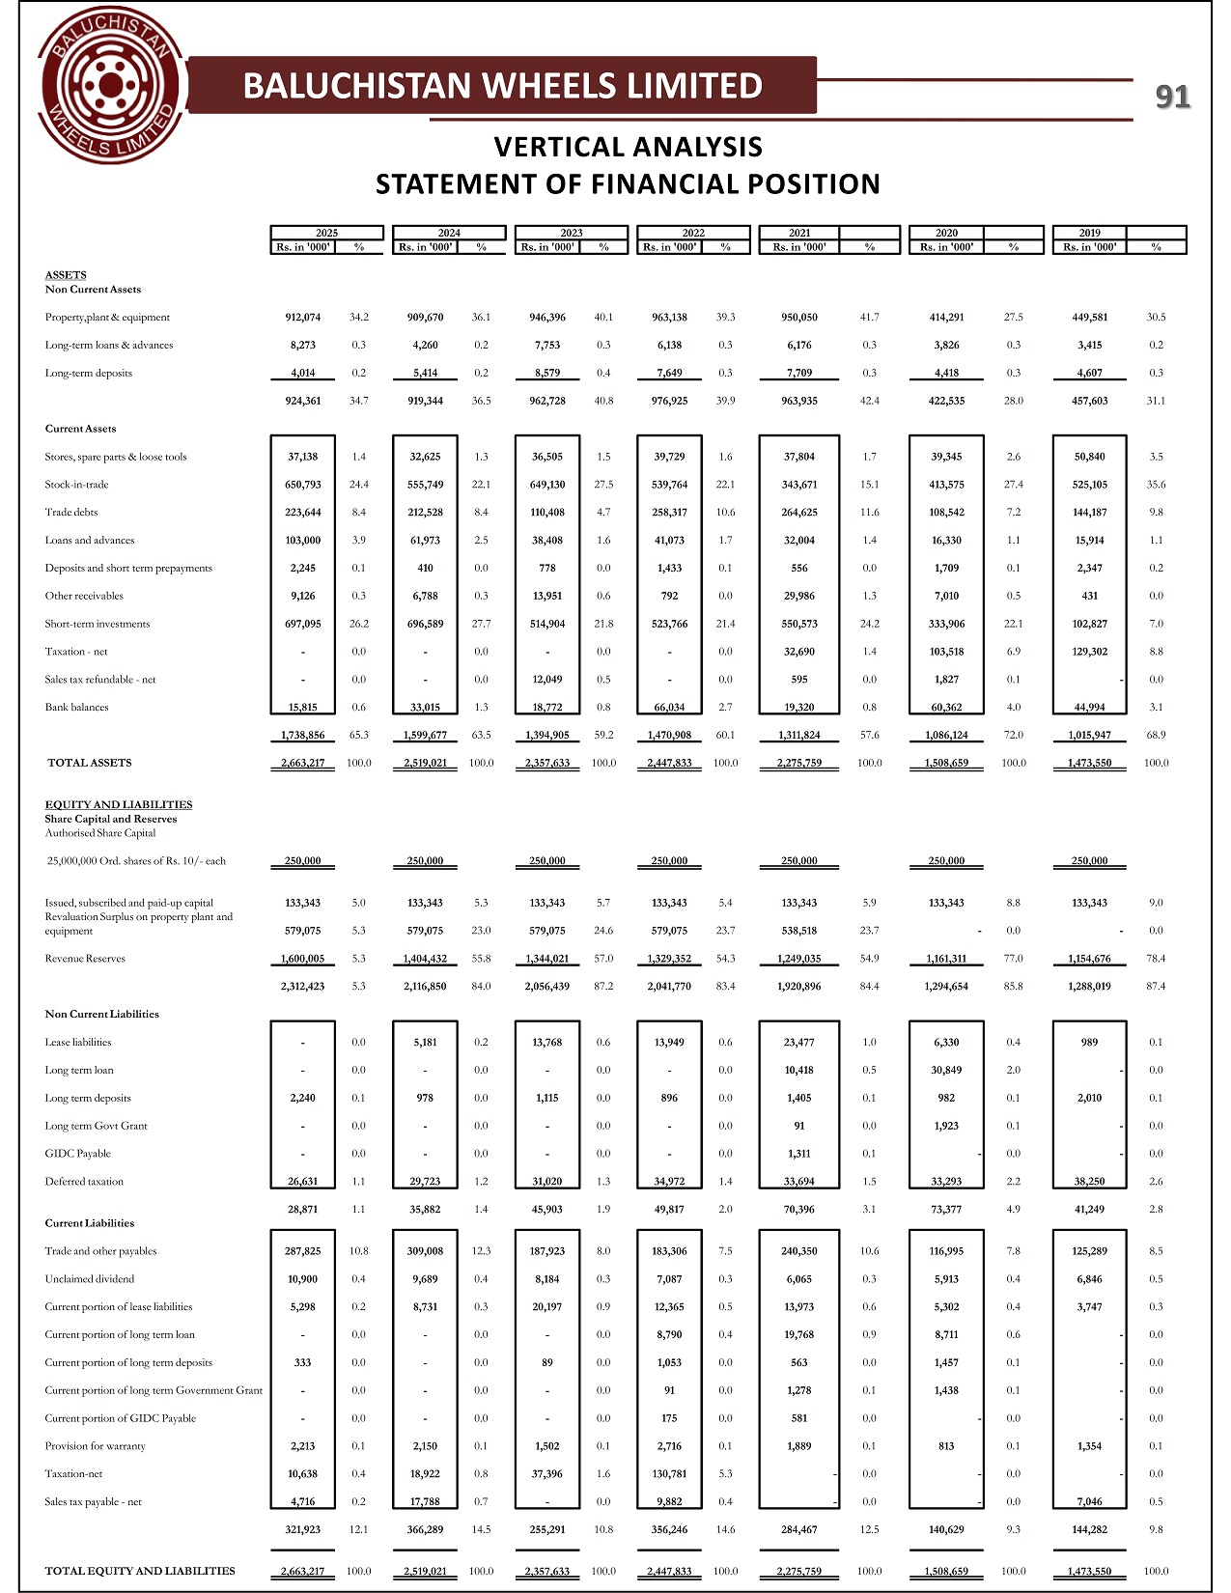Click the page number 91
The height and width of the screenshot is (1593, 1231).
pos(1173,97)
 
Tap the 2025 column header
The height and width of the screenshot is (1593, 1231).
pos(326,233)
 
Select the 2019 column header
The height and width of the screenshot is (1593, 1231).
pos(1089,233)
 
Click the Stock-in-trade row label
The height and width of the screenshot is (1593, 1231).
pos(76,485)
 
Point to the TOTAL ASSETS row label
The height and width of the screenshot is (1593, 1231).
pos(90,763)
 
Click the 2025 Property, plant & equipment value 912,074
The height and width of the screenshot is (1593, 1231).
pos(303,318)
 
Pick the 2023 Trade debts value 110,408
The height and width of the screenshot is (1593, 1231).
pos(547,513)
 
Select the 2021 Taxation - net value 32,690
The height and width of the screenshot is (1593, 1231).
pos(799,652)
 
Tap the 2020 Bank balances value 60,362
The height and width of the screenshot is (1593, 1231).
pos(946,708)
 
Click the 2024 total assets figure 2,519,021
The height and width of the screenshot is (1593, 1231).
pos(425,763)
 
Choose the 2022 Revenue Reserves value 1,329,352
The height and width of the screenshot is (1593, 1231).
pos(669,959)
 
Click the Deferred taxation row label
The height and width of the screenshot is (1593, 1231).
pos(84,1182)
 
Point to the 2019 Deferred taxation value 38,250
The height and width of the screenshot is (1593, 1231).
pos(1089,1182)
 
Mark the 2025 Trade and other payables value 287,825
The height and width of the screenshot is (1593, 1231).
pos(303,1251)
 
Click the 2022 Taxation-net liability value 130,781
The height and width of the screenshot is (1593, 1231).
pos(669,1474)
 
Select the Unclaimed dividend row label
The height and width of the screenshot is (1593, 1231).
pos(90,1279)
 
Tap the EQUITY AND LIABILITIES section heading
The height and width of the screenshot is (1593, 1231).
pos(119,804)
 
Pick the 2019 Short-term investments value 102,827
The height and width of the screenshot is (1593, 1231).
pos(1089,624)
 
